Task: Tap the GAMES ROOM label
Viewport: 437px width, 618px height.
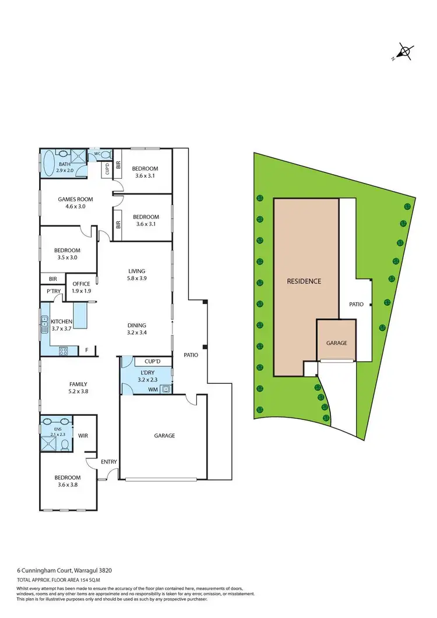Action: (x=75, y=199)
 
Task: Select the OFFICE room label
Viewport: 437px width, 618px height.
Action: (x=81, y=284)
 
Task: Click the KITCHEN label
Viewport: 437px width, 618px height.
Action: (x=61, y=322)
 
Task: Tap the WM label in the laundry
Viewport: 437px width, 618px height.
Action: (x=153, y=389)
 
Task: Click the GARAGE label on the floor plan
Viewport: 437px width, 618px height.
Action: (x=164, y=435)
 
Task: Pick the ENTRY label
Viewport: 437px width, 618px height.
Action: (x=108, y=462)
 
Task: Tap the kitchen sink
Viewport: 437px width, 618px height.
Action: (x=44, y=324)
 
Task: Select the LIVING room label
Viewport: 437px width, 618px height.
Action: (x=137, y=271)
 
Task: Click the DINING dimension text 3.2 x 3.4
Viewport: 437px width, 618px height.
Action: (x=137, y=334)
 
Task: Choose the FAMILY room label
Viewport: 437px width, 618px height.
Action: (x=78, y=384)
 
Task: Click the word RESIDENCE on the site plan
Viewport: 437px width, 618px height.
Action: (x=304, y=281)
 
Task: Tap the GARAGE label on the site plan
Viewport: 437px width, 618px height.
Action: (x=336, y=343)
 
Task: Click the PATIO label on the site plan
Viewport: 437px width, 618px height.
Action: (x=356, y=304)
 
